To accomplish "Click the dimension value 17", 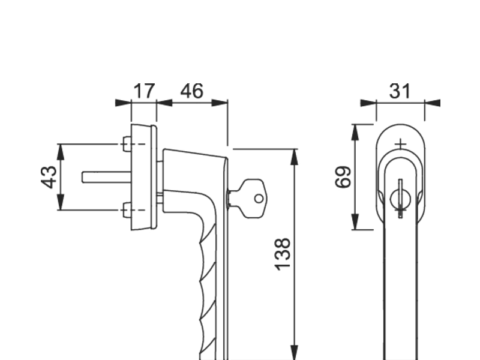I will tap(143, 91).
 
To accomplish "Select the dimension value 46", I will tap(192, 91).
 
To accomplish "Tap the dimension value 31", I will tap(400, 91).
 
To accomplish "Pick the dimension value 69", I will tap(343, 178).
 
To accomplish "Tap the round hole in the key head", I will tap(259, 198).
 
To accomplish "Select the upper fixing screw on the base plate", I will tap(127, 144).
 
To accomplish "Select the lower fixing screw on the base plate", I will tap(127, 210).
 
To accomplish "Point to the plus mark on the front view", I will tap(401, 144).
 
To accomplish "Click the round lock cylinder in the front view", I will tap(400, 199).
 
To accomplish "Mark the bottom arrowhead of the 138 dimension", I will tap(294, 352).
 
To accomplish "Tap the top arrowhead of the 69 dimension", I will tap(355, 131).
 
